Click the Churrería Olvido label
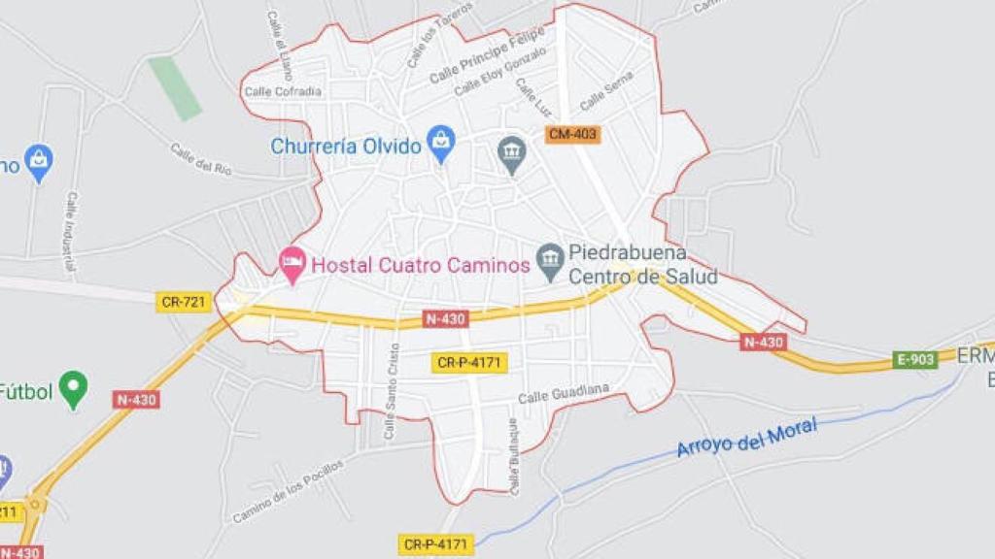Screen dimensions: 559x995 346,147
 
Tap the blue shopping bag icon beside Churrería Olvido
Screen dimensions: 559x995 441,144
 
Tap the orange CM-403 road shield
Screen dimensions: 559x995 571,135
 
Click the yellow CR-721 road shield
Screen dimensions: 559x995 184,302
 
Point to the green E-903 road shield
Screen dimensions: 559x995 914,359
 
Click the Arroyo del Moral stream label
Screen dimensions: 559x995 746,436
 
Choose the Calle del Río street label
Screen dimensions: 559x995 201,159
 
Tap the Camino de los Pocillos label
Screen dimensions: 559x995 288,491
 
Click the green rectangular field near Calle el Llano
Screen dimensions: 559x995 175,88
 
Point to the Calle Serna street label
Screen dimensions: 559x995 606,90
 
